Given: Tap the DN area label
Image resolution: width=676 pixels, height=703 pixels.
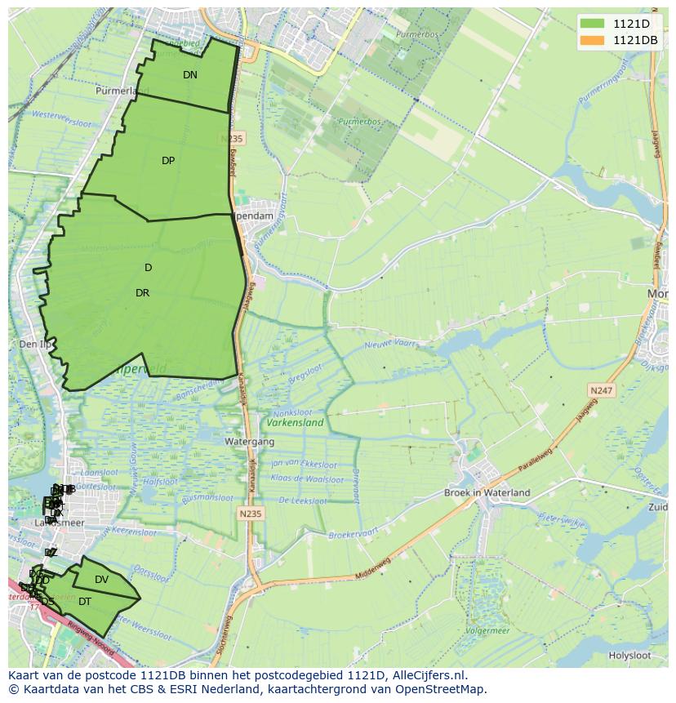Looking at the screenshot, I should tap(190, 75).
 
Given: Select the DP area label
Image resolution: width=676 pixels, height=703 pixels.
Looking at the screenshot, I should tap(168, 161).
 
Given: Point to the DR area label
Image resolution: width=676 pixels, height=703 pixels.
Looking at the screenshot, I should tap(143, 293).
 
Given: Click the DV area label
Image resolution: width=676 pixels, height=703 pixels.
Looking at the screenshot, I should tap(101, 580).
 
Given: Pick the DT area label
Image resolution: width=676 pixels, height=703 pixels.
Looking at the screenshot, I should tap(85, 602).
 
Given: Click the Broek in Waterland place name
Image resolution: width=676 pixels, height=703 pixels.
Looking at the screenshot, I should tap(487, 492).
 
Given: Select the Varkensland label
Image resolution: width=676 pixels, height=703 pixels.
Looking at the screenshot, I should tap(295, 422).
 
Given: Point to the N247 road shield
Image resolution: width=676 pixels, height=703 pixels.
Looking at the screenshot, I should tap(603, 392).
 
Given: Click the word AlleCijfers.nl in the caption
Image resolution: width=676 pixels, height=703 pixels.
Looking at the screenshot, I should tap(428, 675).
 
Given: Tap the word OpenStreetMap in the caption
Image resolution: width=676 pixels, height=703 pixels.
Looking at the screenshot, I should tap(442, 689).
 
